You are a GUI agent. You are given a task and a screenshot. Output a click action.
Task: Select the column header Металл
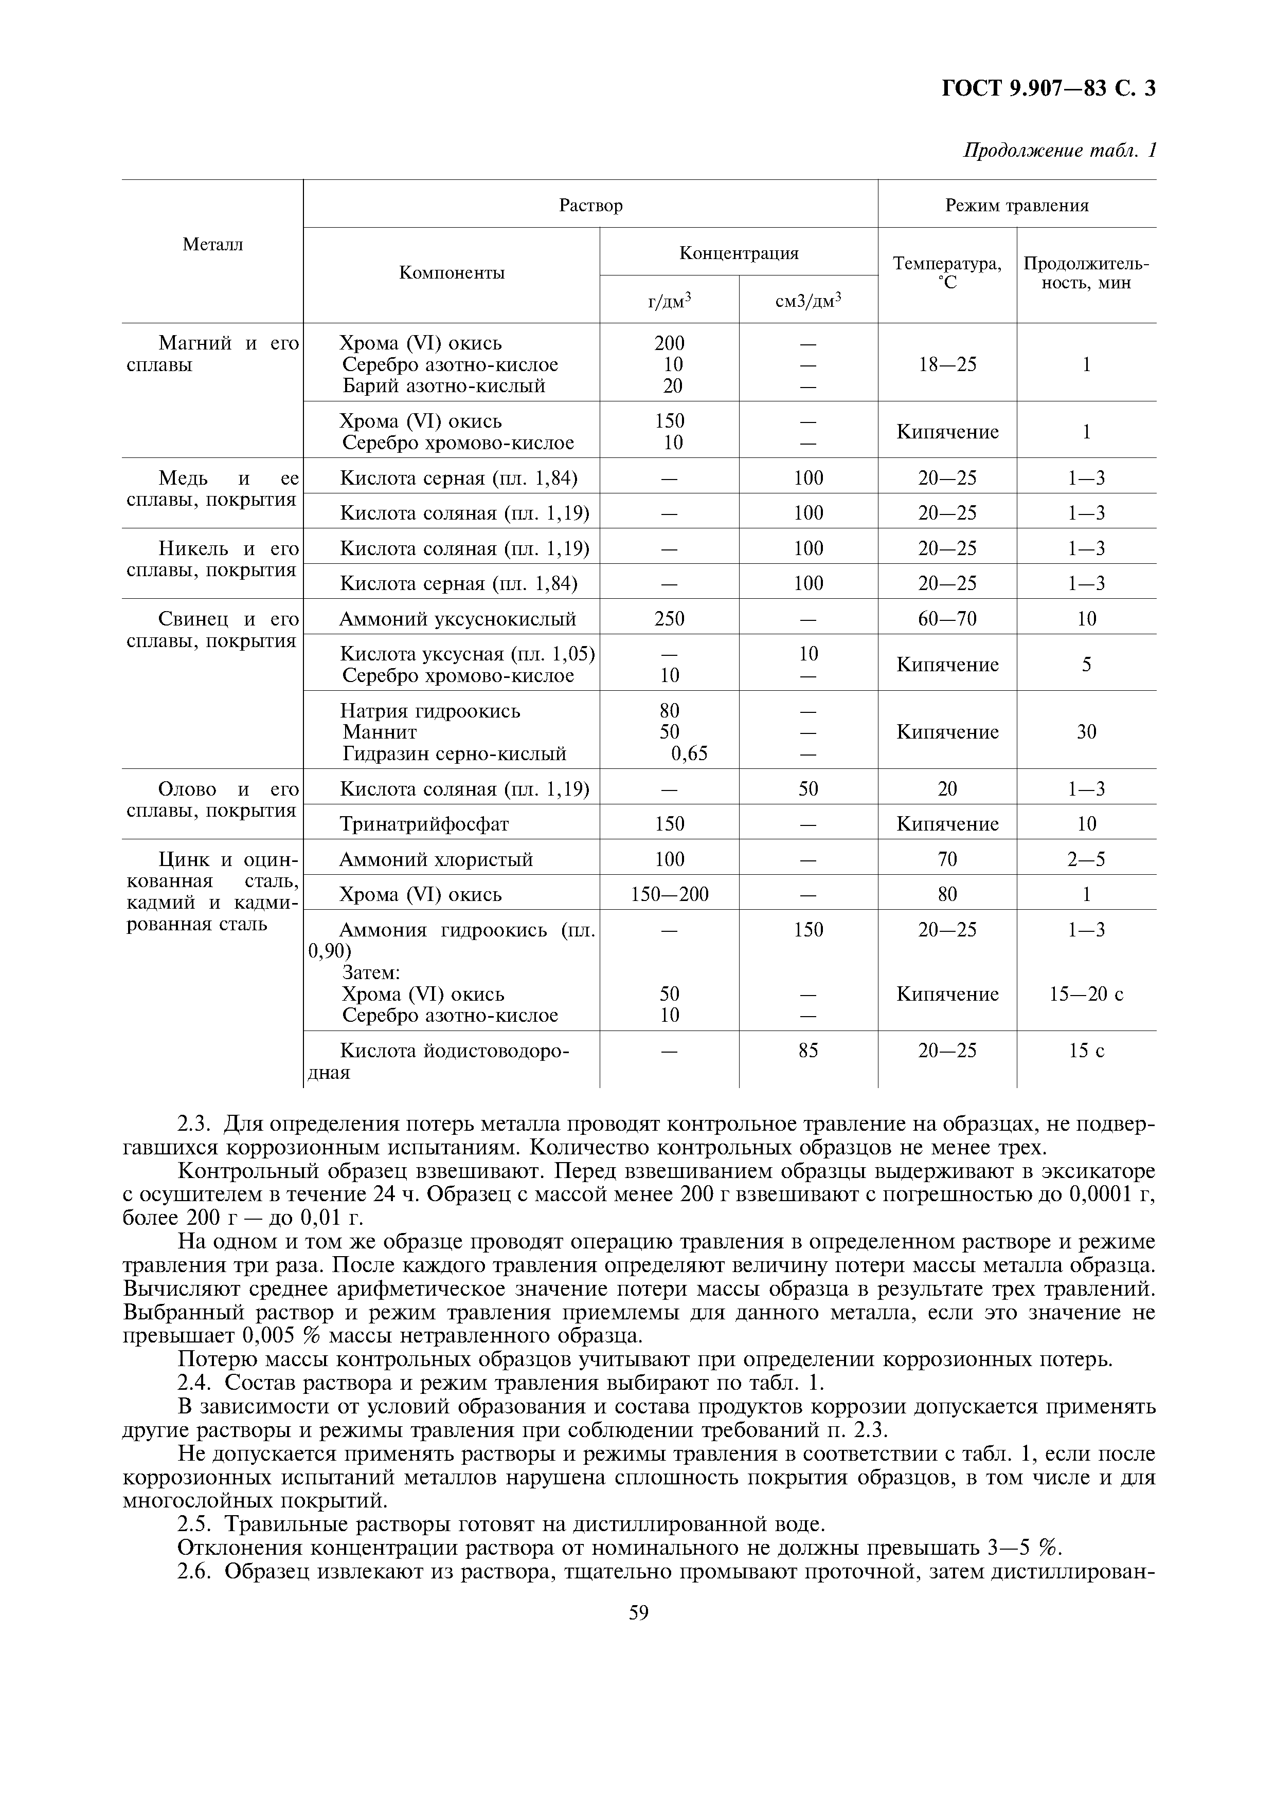click(213, 244)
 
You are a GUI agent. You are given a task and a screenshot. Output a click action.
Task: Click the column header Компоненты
click(452, 272)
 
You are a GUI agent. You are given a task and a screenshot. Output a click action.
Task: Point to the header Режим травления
click(1016, 205)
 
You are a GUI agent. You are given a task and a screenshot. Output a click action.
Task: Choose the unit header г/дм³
click(669, 300)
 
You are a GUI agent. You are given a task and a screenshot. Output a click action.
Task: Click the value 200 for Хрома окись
click(669, 343)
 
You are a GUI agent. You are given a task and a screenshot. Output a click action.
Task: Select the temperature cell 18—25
click(947, 364)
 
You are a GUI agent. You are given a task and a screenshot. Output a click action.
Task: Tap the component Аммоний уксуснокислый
click(457, 619)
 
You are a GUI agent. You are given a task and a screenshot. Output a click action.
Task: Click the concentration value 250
click(669, 619)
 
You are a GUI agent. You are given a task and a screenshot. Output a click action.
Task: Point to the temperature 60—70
click(947, 619)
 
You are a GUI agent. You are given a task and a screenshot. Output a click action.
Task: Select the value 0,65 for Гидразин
click(689, 754)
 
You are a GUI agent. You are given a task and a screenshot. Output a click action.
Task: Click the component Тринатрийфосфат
click(424, 824)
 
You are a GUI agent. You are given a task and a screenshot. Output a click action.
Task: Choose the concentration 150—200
click(669, 894)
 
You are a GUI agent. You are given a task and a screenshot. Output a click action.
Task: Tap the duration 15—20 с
click(1086, 994)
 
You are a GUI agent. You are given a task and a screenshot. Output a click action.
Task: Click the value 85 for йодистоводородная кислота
click(809, 1051)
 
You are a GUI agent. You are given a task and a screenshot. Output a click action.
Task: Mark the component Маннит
click(380, 732)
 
